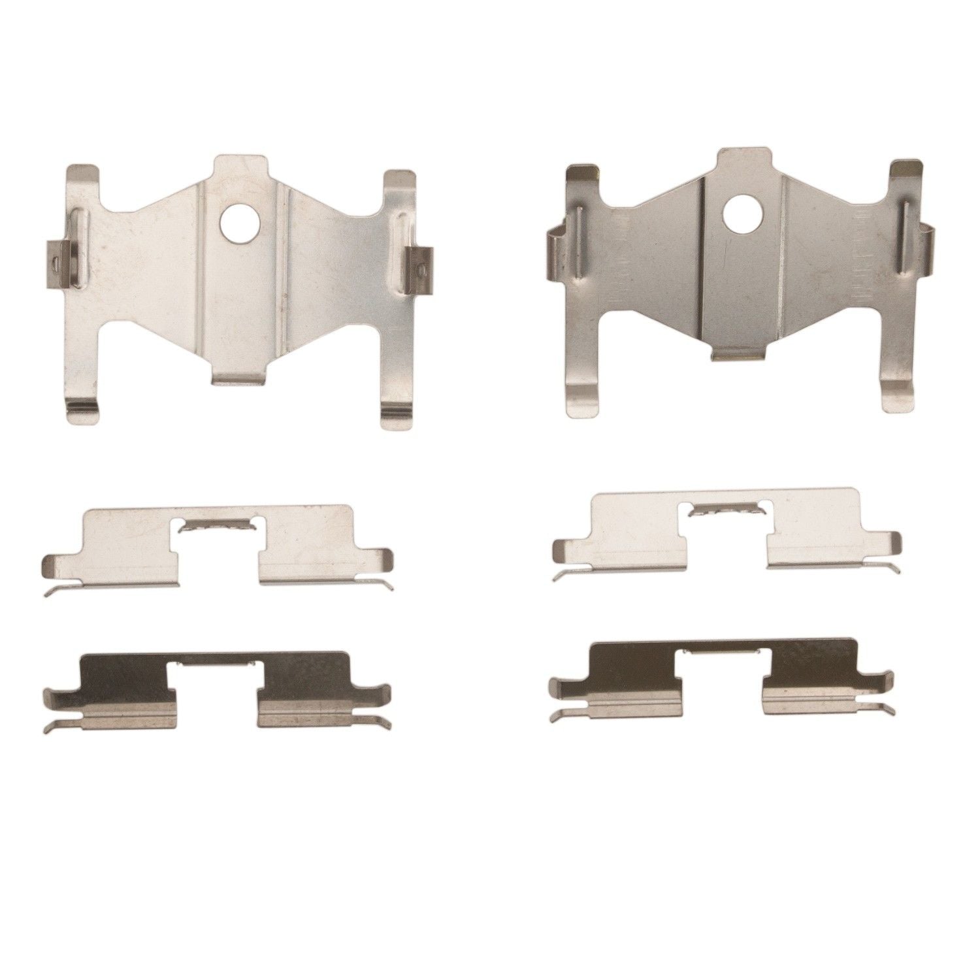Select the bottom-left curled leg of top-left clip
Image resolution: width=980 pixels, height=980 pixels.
pos(87,412)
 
